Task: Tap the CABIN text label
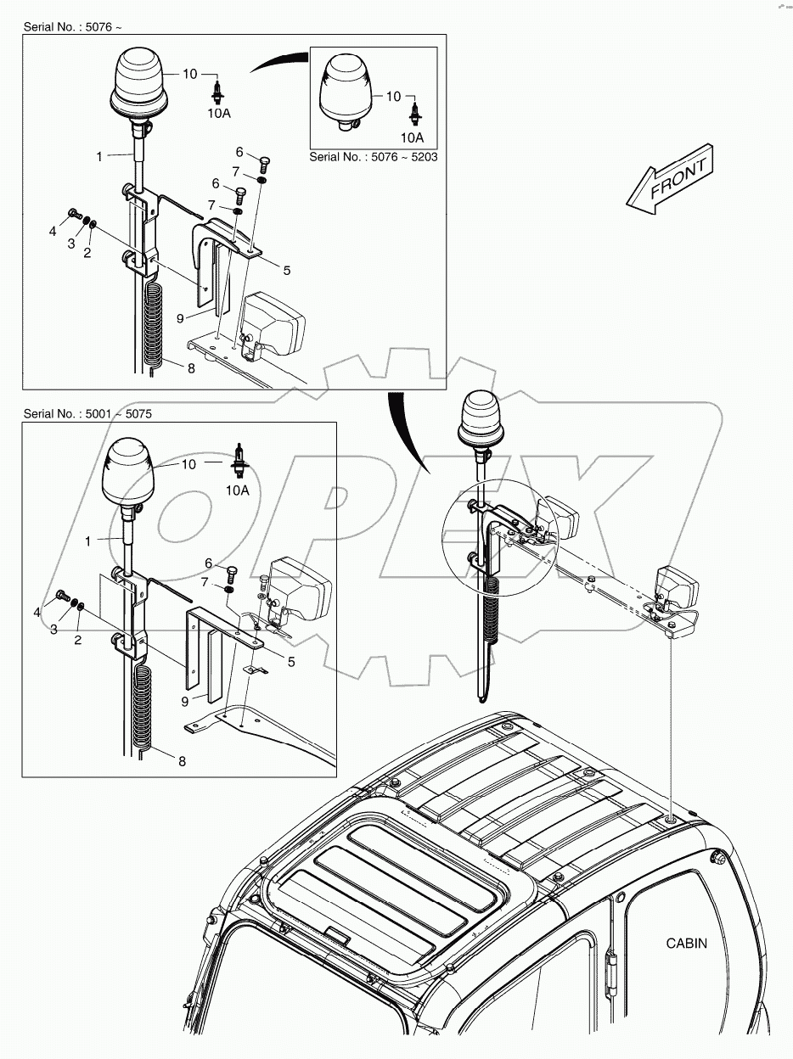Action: click(685, 943)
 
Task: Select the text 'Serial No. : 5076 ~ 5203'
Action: click(373, 158)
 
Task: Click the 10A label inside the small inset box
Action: click(412, 137)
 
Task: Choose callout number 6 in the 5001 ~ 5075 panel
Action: click(209, 563)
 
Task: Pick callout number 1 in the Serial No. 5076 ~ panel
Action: click(99, 156)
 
